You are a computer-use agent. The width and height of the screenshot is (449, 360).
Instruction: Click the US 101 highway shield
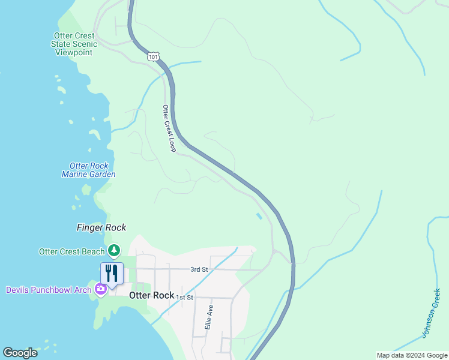coord(152,56)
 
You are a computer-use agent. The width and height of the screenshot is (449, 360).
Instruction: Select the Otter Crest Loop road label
coord(169,128)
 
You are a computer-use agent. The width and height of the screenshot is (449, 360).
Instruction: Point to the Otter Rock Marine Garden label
coord(89,170)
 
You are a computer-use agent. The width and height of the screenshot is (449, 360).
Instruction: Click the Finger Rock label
coord(101,227)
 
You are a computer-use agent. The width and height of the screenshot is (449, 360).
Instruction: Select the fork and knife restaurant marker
coord(112,274)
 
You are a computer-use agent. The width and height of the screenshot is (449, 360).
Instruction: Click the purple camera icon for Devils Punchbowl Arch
coord(100,289)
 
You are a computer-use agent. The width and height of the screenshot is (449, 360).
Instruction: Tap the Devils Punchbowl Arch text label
coord(49,290)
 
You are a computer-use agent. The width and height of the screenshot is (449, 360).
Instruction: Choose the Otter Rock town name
coord(151,296)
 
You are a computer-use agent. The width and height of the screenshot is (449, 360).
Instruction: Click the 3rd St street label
coord(199,269)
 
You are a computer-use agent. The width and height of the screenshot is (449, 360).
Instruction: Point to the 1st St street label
coord(185,298)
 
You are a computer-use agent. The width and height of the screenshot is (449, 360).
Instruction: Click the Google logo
coord(20,353)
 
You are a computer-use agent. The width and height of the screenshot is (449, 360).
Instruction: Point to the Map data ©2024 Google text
coord(412,355)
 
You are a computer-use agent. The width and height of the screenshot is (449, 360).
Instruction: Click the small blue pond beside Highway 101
coord(259,216)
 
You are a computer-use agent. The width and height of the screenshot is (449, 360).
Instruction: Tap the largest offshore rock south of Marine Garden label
coord(86,190)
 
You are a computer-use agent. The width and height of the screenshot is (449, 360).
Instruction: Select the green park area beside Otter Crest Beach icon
coord(130,264)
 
